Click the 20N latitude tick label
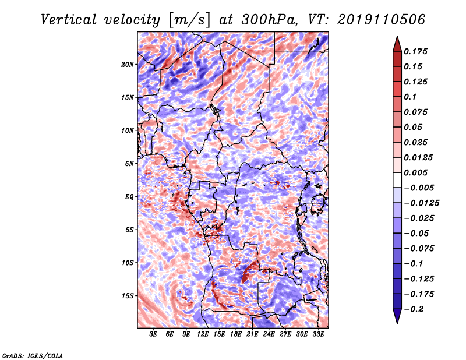click(128, 65)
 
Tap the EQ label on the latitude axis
click(129, 197)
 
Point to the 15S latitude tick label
click(128, 296)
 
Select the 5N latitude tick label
click(129, 164)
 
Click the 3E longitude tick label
click(153, 334)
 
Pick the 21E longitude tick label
click(252, 334)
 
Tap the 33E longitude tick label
click(318, 334)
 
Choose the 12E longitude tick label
click(202, 334)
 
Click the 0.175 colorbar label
click(415, 51)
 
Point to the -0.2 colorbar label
click(414, 309)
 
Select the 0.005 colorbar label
click(415, 172)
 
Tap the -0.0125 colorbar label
click(421, 203)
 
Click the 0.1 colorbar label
click(410, 97)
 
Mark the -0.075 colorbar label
click(419, 249)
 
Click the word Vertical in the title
click(69, 20)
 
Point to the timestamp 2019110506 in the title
click(381, 20)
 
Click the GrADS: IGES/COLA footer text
click(33, 355)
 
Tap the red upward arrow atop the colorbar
click(397, 44)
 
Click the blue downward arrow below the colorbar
click(397, 316)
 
